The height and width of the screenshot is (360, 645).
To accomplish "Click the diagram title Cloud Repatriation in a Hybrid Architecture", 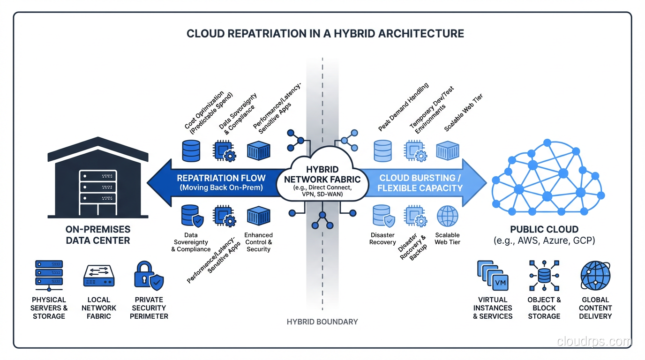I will pos(325,34).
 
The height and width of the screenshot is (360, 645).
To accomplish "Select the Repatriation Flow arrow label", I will pos(221,183).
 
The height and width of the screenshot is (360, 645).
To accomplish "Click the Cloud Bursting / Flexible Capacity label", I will pos(420,183).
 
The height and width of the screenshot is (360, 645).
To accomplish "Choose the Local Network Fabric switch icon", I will pos(99,276).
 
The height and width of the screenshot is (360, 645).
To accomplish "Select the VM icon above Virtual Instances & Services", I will pos(493,277).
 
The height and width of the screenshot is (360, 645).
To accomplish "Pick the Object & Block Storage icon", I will pos(544,276).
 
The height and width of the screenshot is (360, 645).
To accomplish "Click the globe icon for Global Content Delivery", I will pos(595,276).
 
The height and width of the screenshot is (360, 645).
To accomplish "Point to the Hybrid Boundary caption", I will pos(322,322).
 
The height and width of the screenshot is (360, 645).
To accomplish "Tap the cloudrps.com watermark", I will pos(594,342).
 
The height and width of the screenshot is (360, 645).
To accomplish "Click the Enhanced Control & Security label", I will pos(258,242).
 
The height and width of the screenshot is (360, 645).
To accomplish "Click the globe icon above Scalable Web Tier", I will pos(447,217).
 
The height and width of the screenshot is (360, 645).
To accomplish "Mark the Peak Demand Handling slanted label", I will pos(403,107).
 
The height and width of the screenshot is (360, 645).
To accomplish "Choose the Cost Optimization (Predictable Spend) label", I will pos(208,112).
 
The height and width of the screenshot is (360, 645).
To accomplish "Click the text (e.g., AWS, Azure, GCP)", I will pos(544,241).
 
